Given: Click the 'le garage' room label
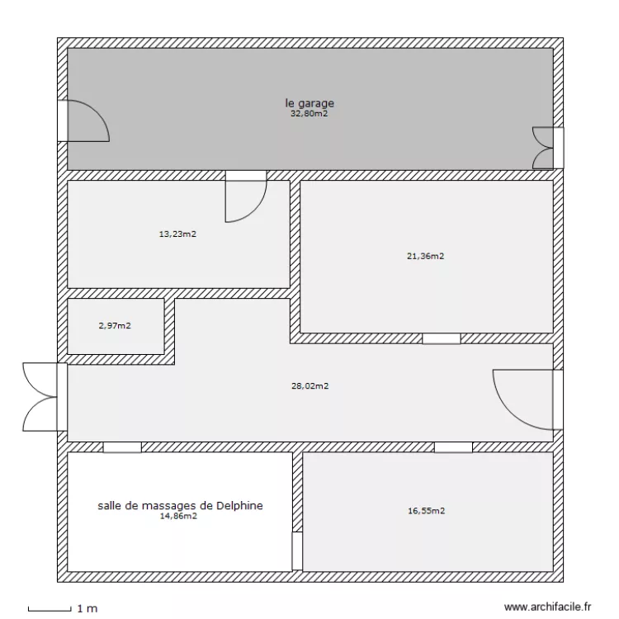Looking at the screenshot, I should click(x=309, y=103).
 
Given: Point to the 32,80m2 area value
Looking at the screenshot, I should click(x=309, y=115).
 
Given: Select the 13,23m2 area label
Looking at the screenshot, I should click(x=177, y=234).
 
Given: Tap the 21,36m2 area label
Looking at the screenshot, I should click(x=426, y=256).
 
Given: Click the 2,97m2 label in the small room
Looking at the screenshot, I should click(x=115, y=326).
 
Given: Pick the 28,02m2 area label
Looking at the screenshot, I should click(x=310, y=385).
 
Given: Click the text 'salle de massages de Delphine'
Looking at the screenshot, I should click(x=180, y=505).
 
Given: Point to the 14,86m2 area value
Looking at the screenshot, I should click(x=178, y=517).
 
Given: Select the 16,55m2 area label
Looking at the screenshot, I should click(x=427, y=511).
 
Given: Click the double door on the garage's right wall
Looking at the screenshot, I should click(x=546, y=148).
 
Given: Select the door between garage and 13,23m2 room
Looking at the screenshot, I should click(x=245, y=198).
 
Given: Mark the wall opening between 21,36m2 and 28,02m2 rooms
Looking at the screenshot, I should click(x=441, y=338).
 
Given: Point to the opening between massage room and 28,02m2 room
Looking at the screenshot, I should click(x=122, y=447).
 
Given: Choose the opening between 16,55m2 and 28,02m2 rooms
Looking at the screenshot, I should click(x=453, y=447).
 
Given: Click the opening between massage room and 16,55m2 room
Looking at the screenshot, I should click(x=297, y=550).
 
